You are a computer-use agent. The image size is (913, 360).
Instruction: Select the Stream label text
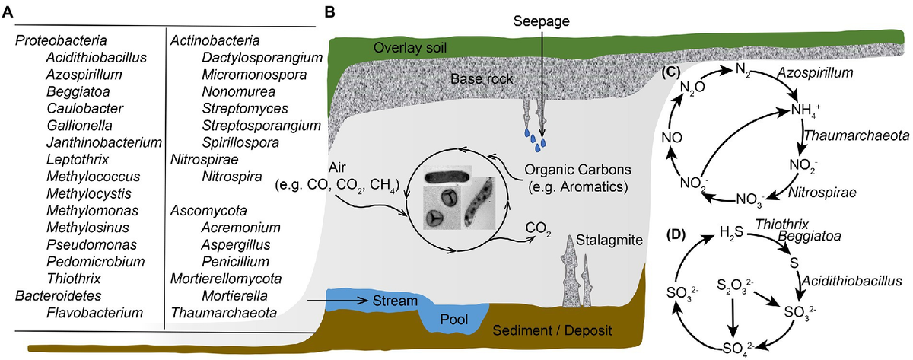[x=394, y=301]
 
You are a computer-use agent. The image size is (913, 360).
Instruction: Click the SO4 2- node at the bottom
[x=736, y=348]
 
